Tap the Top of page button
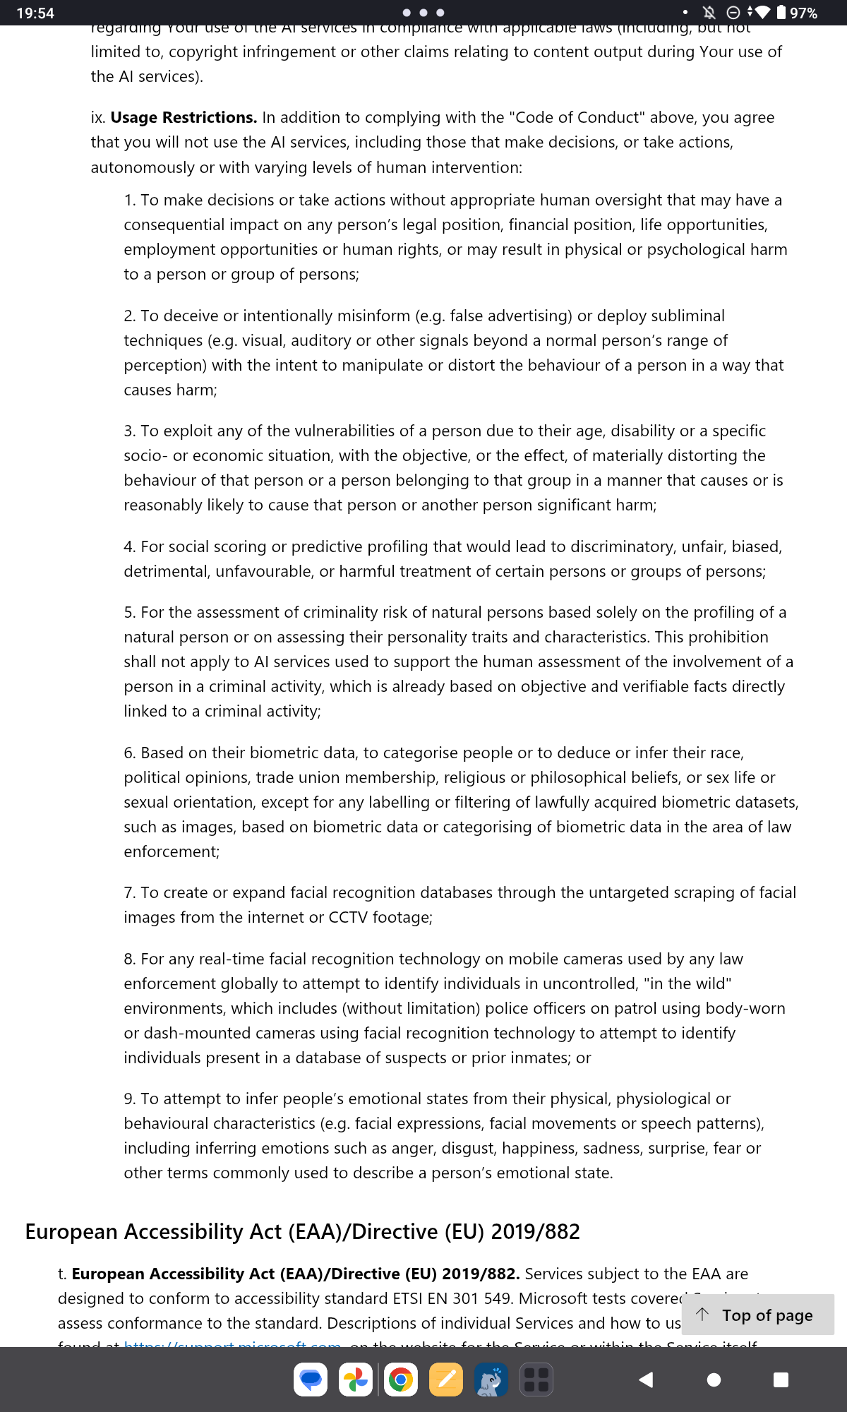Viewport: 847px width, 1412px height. tap(758, 1315)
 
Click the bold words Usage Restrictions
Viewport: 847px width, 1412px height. tap(184, 117)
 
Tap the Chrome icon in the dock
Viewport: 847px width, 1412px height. tap(400, 1380)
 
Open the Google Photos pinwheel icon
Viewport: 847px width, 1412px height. tap(356, 1380)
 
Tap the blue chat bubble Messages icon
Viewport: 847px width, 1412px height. tap(311, 1380)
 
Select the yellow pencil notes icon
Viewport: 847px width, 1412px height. tap(446, 1380)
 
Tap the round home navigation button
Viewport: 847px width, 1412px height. tap(714, 1380)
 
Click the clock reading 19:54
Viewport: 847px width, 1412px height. tap(35, 13)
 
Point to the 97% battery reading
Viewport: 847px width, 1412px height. tap(803, 13)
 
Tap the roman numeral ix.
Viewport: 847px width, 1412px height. tap(97, 117)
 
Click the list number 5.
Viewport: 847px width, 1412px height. tap(129, 612)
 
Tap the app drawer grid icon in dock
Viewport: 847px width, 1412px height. tap(536, 1380)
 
